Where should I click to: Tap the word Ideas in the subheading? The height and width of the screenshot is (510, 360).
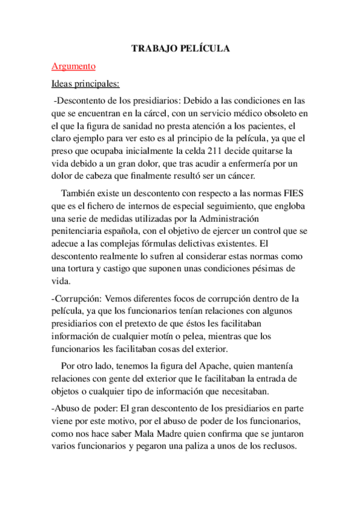click(x=63, y=82)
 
